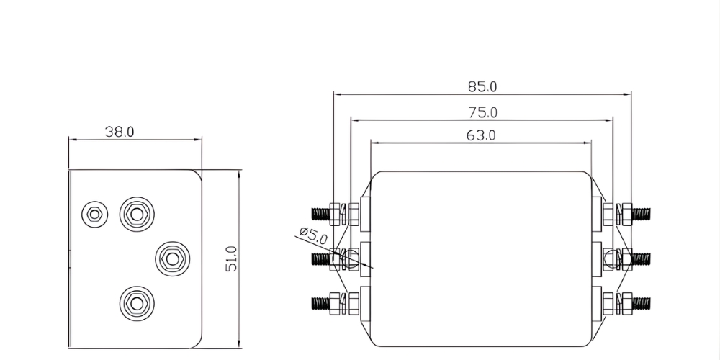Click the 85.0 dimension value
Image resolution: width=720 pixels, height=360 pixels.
tap(482, 86)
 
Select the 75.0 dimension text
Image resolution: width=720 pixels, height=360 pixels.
tap(482, 112)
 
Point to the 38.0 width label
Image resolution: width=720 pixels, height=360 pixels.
tap(120, 132)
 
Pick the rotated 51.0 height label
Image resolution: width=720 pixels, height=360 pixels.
tap(231, 258)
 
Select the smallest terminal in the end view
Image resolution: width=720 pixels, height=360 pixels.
tap(93, 213)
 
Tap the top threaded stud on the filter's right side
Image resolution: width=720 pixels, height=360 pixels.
tap(641, 213)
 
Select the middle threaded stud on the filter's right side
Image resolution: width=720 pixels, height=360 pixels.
tap(641, 258)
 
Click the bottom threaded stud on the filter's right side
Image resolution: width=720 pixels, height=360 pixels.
tap(641, 302)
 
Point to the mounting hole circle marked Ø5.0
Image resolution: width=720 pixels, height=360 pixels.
tap(351, 257)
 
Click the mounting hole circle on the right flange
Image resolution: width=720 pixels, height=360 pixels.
tap(611, 258)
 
